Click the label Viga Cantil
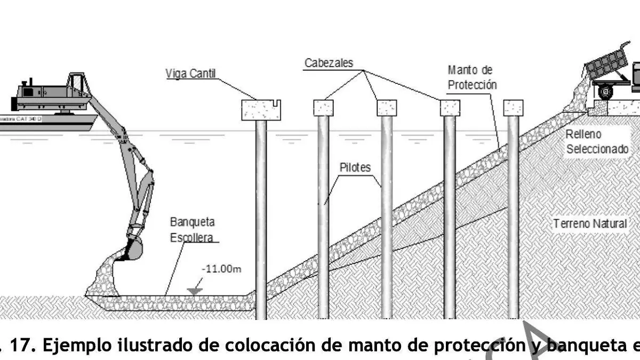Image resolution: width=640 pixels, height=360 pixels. [x=190, y=74]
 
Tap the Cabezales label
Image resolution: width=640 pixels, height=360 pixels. [x=329, y=63]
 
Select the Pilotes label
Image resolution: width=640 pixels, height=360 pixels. [x=355, y=167]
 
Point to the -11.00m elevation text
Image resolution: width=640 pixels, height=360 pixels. [x=221, y=269]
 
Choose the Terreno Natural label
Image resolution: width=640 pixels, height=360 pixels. [x=590, y=223]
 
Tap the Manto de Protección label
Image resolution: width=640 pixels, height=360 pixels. [x=472, y=77]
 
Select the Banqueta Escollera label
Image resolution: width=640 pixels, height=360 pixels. [x=193, y=229]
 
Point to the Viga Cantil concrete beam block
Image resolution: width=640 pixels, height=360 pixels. [x=260, y=110]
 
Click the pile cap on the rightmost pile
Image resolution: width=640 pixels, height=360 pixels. [x=513, y=108]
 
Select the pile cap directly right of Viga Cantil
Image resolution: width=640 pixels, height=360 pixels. [x=323, y=108]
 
